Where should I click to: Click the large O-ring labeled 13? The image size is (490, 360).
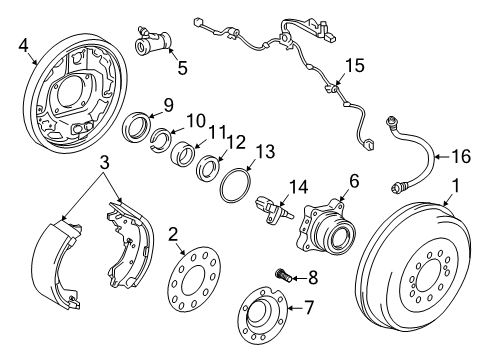point(236,188)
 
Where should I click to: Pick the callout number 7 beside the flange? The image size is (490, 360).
point(309,308)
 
